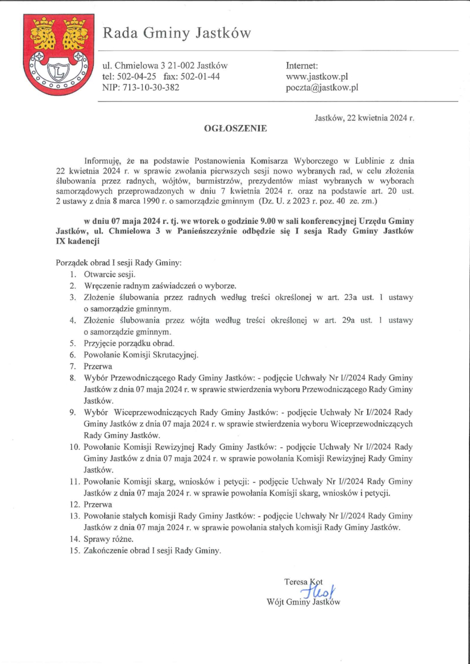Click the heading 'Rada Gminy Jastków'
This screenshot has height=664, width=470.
pyautogui.click(x=177, y=33)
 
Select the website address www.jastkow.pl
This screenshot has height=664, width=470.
pyautogui.click(x=317, y=77)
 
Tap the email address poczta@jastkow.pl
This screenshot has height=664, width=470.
pyautogui.click(x=322, y=88)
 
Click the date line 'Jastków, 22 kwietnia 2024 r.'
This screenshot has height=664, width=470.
pyautogui.click(x=364, y=117)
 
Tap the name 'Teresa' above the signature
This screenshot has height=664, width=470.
pyautogui.click(x=296, y=582)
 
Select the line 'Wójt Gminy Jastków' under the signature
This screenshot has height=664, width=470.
pyautogui.click(x=303, y=602)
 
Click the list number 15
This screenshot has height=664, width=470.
pyautogui.click(x=74, y=550)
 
